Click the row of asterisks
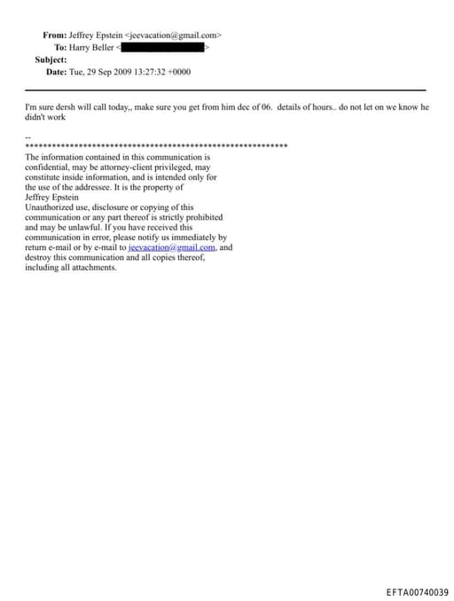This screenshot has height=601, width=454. tap(156, 145)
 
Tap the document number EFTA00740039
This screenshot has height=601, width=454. tap(418, 592)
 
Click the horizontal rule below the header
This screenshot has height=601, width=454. tap(225, 90)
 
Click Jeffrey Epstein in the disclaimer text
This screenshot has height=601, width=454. tap(51, 198)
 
